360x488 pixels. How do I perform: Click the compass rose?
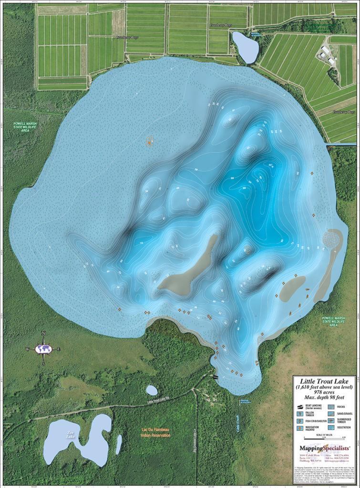point(43,349)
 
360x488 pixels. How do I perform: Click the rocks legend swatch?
point(331,407)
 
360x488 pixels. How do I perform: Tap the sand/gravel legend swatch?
point(331,414)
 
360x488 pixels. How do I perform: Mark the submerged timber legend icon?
point(331,421)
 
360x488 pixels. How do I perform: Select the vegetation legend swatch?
point(331,428)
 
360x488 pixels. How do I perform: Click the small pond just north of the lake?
point(246,47)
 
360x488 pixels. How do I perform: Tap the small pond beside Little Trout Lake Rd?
point(152,390)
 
